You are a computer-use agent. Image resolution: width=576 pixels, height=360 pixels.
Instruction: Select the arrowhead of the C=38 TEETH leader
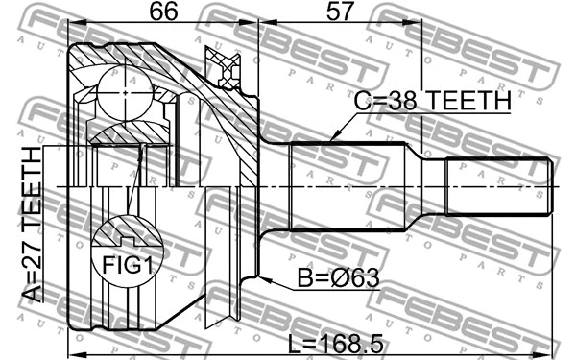[x=331, y=140]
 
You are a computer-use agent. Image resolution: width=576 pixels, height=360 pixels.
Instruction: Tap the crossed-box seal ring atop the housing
[x=227, y=66]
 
